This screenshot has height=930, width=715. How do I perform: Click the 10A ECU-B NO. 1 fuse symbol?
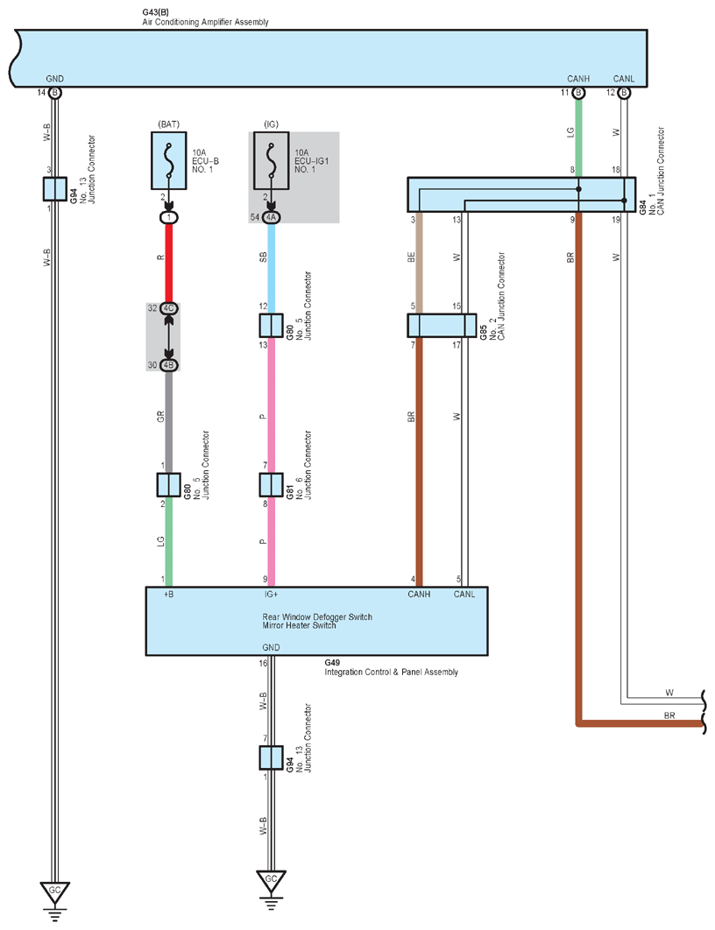(169, 161)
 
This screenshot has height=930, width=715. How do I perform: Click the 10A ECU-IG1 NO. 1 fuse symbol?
(271, 161)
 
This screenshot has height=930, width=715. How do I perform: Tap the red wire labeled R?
(169, 264)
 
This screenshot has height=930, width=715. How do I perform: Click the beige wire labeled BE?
(419, 263)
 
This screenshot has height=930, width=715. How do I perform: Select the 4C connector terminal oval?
(169, 308)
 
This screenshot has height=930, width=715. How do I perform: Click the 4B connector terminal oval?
(169, 365)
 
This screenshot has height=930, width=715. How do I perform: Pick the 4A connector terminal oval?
(271, 218)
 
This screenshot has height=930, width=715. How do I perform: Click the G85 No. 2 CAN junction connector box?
(442, 326)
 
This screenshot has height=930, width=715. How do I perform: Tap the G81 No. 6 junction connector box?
(271, 484)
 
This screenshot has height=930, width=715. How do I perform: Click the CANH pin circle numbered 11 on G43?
(578, 93)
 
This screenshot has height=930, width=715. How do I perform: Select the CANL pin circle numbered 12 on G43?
(624, 93)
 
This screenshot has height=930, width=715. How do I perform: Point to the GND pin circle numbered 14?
(54, 93)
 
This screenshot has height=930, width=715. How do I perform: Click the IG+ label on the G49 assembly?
(271, 595)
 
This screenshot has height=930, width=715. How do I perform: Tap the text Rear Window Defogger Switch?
(317, 616)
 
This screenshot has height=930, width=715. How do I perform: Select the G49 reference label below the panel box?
(332, 663)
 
